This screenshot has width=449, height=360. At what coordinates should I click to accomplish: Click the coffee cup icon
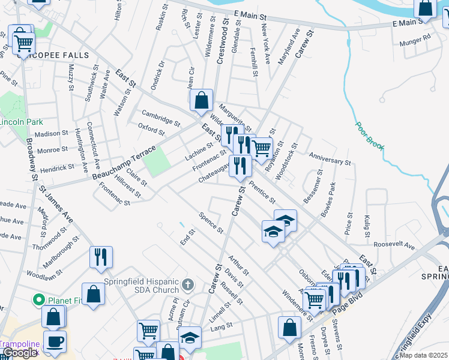click(x=55, y=341)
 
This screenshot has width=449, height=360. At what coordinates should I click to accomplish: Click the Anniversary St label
click(x=330, y=158)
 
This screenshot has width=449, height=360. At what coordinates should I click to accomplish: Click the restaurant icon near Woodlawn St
click(x=101, y=257)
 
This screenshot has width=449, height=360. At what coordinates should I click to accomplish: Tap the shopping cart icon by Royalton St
click(x=262, y=148)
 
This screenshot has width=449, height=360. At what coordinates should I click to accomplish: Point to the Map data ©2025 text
click(x=423, y=356)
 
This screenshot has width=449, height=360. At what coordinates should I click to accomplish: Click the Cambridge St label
click(x=160, y=117)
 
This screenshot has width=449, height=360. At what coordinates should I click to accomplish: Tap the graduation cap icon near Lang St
click(x=190, y=337)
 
